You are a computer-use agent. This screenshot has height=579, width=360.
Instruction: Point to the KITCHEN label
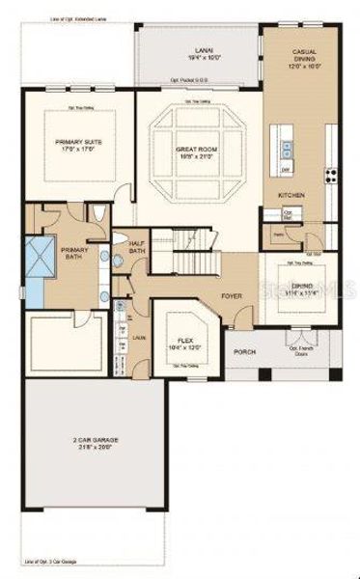tap(291, 195)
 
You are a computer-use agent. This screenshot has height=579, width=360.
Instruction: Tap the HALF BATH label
tap(136, 248)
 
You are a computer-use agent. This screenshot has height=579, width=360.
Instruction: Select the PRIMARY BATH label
tap(74, 253)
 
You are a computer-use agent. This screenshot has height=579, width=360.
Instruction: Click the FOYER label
tap(232, 296)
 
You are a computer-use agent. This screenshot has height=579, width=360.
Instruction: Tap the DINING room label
tap(302, 289)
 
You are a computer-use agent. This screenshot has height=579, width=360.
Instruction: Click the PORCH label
tap(244, 351)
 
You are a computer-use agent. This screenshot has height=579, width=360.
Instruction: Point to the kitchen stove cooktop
tap(331, 175)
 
